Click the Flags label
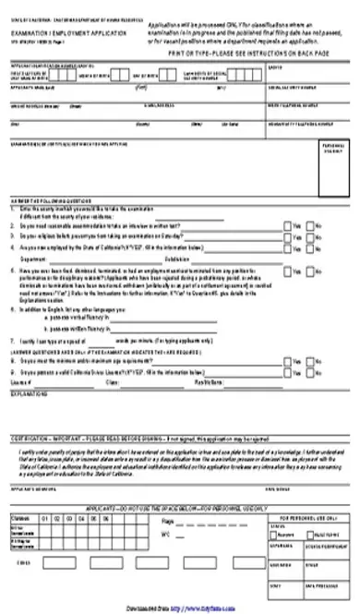click(x=192, y=521)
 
